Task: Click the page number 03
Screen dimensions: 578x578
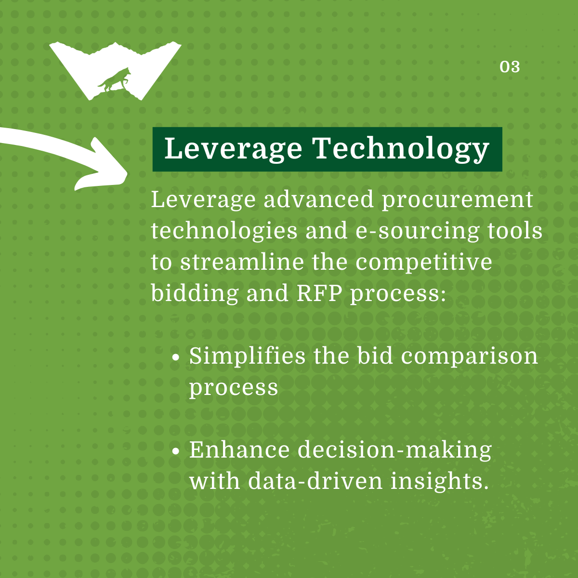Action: click(x=510, y=66)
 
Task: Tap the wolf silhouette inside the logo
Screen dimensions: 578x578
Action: click(x=114, y=79)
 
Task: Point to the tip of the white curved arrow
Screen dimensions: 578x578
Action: click(x=127, y=174)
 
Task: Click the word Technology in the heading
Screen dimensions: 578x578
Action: click(x=401, y=149)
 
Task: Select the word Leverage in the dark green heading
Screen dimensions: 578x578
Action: click(x=233, y=149)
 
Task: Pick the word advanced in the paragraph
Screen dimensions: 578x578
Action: click(x=319, y=199)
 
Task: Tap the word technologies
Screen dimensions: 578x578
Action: click(x=224, y=232)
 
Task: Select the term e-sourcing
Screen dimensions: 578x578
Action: click(x=417, y=232)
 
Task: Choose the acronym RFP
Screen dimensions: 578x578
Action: click(x=319, y=293)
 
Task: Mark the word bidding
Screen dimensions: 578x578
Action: click(x=195, y=293)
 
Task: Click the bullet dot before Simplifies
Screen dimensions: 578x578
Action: click(x=176, y=358)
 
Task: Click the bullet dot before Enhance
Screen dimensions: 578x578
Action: click(x=176, y=451)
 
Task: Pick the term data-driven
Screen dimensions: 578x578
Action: click(x=315, y=481)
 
